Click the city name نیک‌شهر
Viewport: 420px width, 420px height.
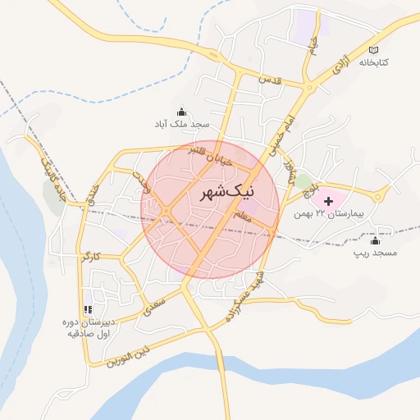click(227, 194)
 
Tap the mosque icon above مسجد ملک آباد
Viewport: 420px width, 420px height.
click(180, 112)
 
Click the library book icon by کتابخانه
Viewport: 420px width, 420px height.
click(374, 49)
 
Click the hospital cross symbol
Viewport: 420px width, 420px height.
click(329, 201)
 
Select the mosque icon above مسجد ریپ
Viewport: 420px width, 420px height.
click(376, 240)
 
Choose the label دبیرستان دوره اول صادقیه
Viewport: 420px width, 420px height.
click(87, 328)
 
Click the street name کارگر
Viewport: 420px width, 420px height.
click(91, 257)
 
